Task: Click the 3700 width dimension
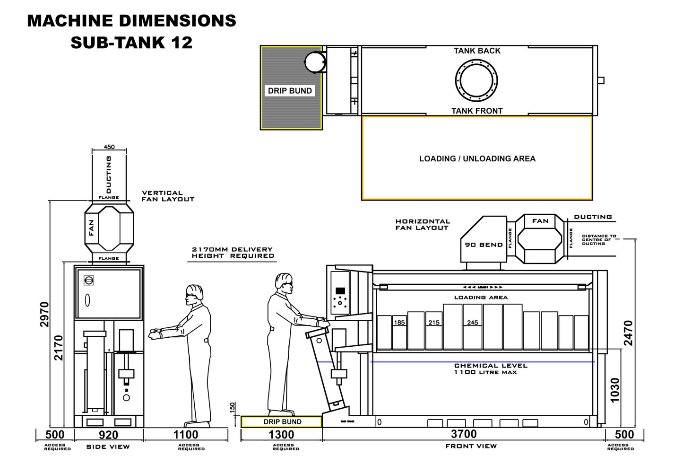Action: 464,434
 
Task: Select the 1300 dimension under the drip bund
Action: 281,434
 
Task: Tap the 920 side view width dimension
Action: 109,434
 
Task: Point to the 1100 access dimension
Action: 186,434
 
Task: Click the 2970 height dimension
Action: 44,314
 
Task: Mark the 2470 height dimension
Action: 628,333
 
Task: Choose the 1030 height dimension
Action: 614,390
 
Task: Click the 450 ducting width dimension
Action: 109,147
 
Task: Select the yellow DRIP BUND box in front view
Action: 282,421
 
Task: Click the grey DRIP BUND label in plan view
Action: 290,91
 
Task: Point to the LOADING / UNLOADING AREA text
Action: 477,159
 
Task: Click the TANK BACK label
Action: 477,51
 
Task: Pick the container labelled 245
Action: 472,326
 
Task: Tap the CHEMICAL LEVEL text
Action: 490,366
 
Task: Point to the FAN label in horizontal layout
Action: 540,221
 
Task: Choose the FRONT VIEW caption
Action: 471,446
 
